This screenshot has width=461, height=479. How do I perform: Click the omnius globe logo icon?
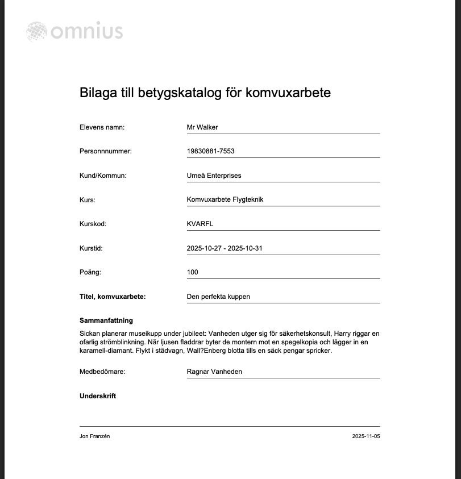click(x=37, y=32)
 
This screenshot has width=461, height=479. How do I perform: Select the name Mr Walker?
click(x=202, y=127)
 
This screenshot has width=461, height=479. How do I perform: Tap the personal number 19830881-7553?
click(x=210, y=151)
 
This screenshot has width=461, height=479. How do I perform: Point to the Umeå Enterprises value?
click(x=214, y=176)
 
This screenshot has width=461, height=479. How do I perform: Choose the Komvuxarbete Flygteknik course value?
click(x=225, y=199)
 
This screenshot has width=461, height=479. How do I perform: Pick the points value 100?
click(x=192, y=272)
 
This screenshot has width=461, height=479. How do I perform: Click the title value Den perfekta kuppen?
click(x=218, y=297)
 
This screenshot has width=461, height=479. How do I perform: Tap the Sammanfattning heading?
click(x=106, y=320)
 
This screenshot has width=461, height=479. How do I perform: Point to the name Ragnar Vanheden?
click(x=214, y=372)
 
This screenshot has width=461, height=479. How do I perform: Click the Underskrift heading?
click(x=98, y=396)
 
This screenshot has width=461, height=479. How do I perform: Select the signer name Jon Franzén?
click(x=94, y=436)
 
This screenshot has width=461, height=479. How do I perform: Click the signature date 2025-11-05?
click(x=366, y=436)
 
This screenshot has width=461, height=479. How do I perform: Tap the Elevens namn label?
click(x=102, y=127)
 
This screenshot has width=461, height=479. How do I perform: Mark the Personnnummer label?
click(x=106, y=151)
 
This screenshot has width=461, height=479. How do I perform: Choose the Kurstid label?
click(x=91, y=248)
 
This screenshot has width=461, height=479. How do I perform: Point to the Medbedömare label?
click(x=102, y=372)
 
